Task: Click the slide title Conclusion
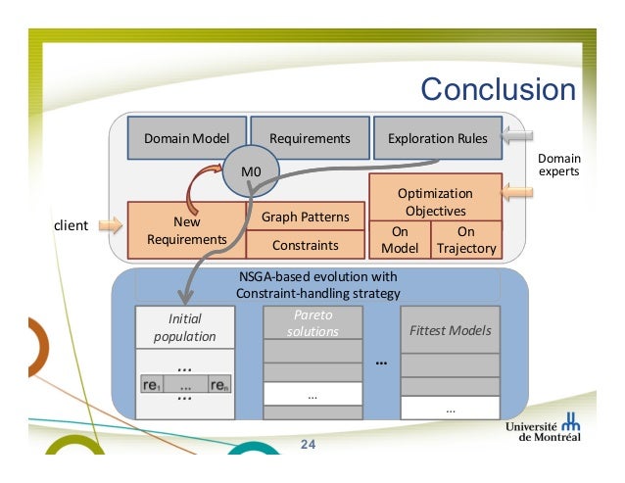(x=498, y=89)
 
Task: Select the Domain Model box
(x=186, y=139)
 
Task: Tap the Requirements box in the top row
(x=310, y=139)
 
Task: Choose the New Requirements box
(x=185, y=230)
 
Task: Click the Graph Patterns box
(x=305, y=216)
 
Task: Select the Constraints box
(x=305, y=245)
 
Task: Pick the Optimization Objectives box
(x=434, y=201)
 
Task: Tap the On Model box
(x=399, y=240)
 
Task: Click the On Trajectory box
(x=466, y=240)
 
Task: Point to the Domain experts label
(x=559, y=166)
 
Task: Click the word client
(x=70, y=226)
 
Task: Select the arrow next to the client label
(x=111, y=226)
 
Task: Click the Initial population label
(x=184, y=327)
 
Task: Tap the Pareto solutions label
(x=312, y=323)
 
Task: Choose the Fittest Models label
(x=450, y=330)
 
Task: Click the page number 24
(x=308, y=445)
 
